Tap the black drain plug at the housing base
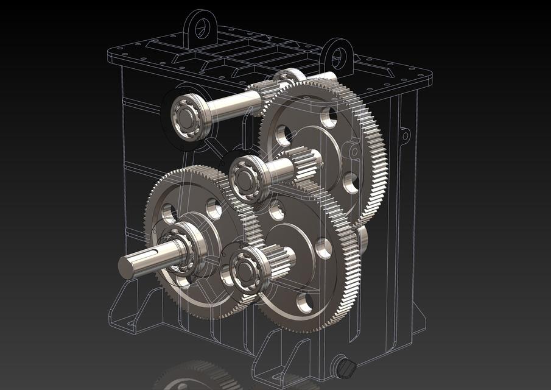tap(346, 367)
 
